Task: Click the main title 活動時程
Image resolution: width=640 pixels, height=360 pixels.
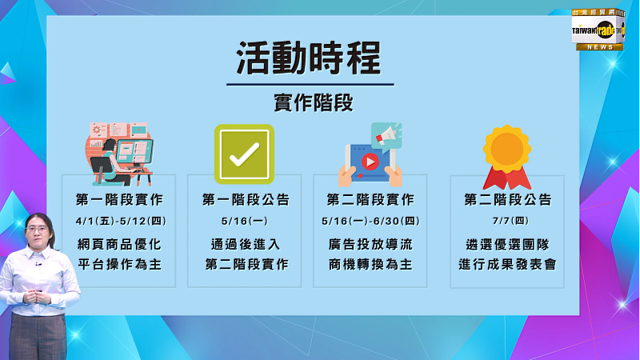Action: (309, 58)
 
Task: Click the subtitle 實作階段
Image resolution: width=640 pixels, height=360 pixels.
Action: (314, 102)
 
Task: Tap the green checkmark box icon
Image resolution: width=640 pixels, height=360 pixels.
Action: (244, 154)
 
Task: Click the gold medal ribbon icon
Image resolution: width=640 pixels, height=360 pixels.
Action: (507, 157)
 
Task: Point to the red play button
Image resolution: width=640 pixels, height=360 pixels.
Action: (370, 162)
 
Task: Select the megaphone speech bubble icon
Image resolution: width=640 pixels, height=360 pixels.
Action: (386, 136)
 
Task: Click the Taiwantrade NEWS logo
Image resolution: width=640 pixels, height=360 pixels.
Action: (598, 30)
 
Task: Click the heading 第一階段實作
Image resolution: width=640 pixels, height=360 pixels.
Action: (119, 199)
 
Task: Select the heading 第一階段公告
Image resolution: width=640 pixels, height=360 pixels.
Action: (246, 199)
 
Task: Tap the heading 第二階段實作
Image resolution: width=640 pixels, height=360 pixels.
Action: (370, 199)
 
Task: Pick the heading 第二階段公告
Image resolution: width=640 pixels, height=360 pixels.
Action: (508, 199)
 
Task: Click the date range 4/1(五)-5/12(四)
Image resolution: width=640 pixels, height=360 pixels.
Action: (121, 222)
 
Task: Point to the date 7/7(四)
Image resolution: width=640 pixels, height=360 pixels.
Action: (510, 221)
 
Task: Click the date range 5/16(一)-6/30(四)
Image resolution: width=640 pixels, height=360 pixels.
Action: (370, 222)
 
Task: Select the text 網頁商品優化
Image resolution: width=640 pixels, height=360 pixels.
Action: (119, 245)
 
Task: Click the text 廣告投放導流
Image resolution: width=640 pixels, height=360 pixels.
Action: (370, 245)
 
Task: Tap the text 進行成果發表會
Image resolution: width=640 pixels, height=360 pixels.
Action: (507, 265)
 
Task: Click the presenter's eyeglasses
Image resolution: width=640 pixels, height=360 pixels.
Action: (37, 230)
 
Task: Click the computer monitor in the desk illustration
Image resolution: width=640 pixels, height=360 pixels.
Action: (134, 152)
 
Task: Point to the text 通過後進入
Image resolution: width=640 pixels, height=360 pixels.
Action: (246, 245)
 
